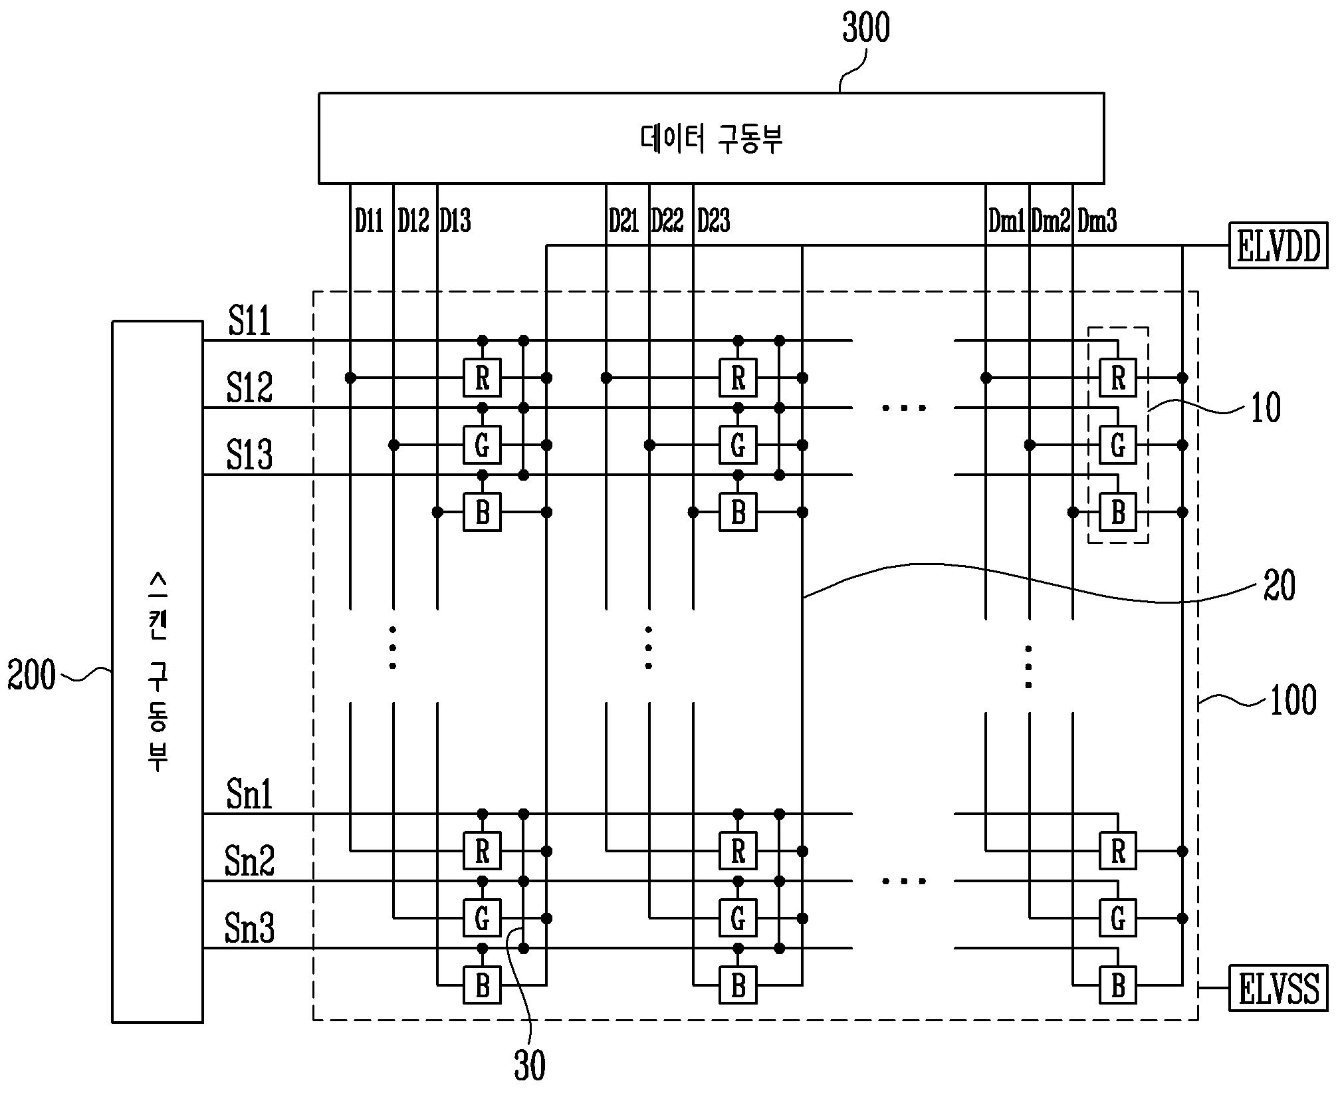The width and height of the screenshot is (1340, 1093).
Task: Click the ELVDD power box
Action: [x=1278, y=245]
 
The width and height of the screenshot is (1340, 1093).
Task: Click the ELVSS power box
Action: [x=1278, y=988]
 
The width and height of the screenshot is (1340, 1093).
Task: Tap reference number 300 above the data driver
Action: [x=865, y=28]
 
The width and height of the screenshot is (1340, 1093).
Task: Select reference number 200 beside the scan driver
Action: [x=31, y=675]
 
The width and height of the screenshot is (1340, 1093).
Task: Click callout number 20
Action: [x=1278, y=586]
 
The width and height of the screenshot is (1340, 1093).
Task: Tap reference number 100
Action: [x=1293, y=700]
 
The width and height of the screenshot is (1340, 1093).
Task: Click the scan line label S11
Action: [x=249, y=321]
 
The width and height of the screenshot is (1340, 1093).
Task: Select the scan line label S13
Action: [x=249, y=455]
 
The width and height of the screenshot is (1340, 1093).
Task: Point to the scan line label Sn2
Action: [x=249, y=861]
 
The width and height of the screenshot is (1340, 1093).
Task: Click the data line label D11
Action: [x=369, y=220]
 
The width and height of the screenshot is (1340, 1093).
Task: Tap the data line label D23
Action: [x=713, y=220]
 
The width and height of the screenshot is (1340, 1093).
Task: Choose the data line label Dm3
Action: [x=1097, y=220]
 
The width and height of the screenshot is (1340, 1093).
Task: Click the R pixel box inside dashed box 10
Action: [x=1118, y=378]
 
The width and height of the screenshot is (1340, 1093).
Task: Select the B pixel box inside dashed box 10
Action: [x=1118, y=512]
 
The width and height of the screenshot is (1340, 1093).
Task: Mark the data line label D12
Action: [x=413, y=220]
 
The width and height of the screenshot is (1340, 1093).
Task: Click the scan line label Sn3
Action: [x=249, y=928]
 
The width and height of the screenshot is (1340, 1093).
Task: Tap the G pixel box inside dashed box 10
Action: [x=1118, y=445]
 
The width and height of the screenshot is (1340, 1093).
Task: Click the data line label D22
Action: [x=667, y=220]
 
